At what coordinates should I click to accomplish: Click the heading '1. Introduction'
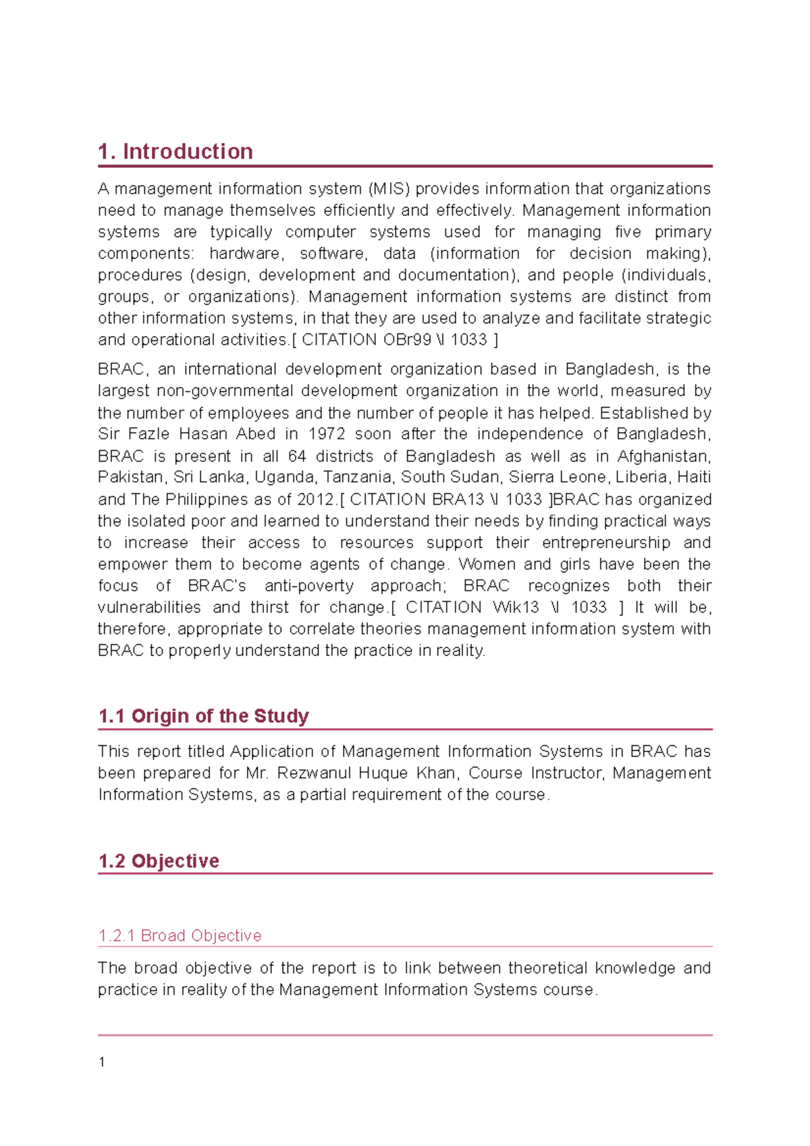point(175,151)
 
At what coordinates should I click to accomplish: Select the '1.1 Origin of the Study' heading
point(203,715)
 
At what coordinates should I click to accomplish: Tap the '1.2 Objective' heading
point(159,861)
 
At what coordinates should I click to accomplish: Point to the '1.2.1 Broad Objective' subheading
point(180,935)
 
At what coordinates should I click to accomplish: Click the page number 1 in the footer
point(102,1062)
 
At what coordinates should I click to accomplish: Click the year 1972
point(327,434)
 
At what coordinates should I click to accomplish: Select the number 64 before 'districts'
point(297,456)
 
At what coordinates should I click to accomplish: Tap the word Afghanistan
point(663,456)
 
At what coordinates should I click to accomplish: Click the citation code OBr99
point(407,339)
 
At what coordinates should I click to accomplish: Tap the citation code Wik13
point(516,607)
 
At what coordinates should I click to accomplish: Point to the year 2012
point(316,499)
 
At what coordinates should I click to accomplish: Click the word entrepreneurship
point(606,543)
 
